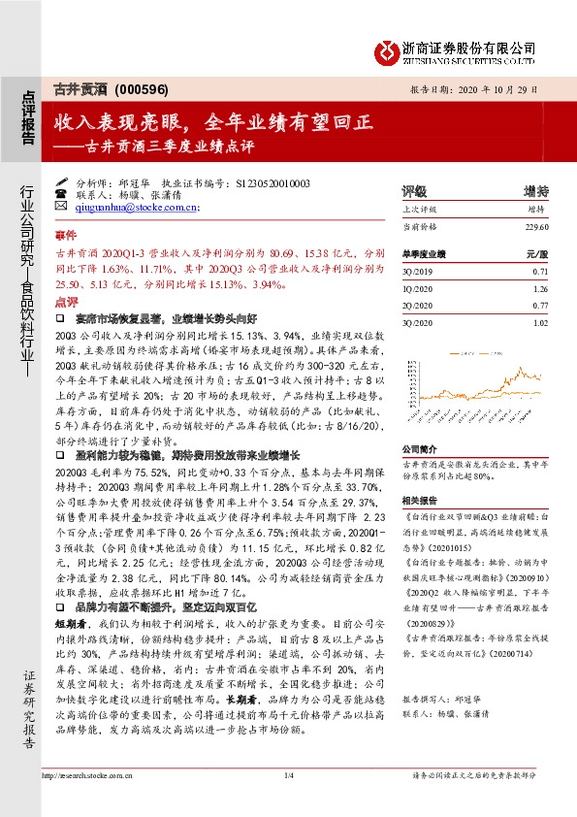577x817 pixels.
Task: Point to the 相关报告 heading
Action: [x=420, y=501]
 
